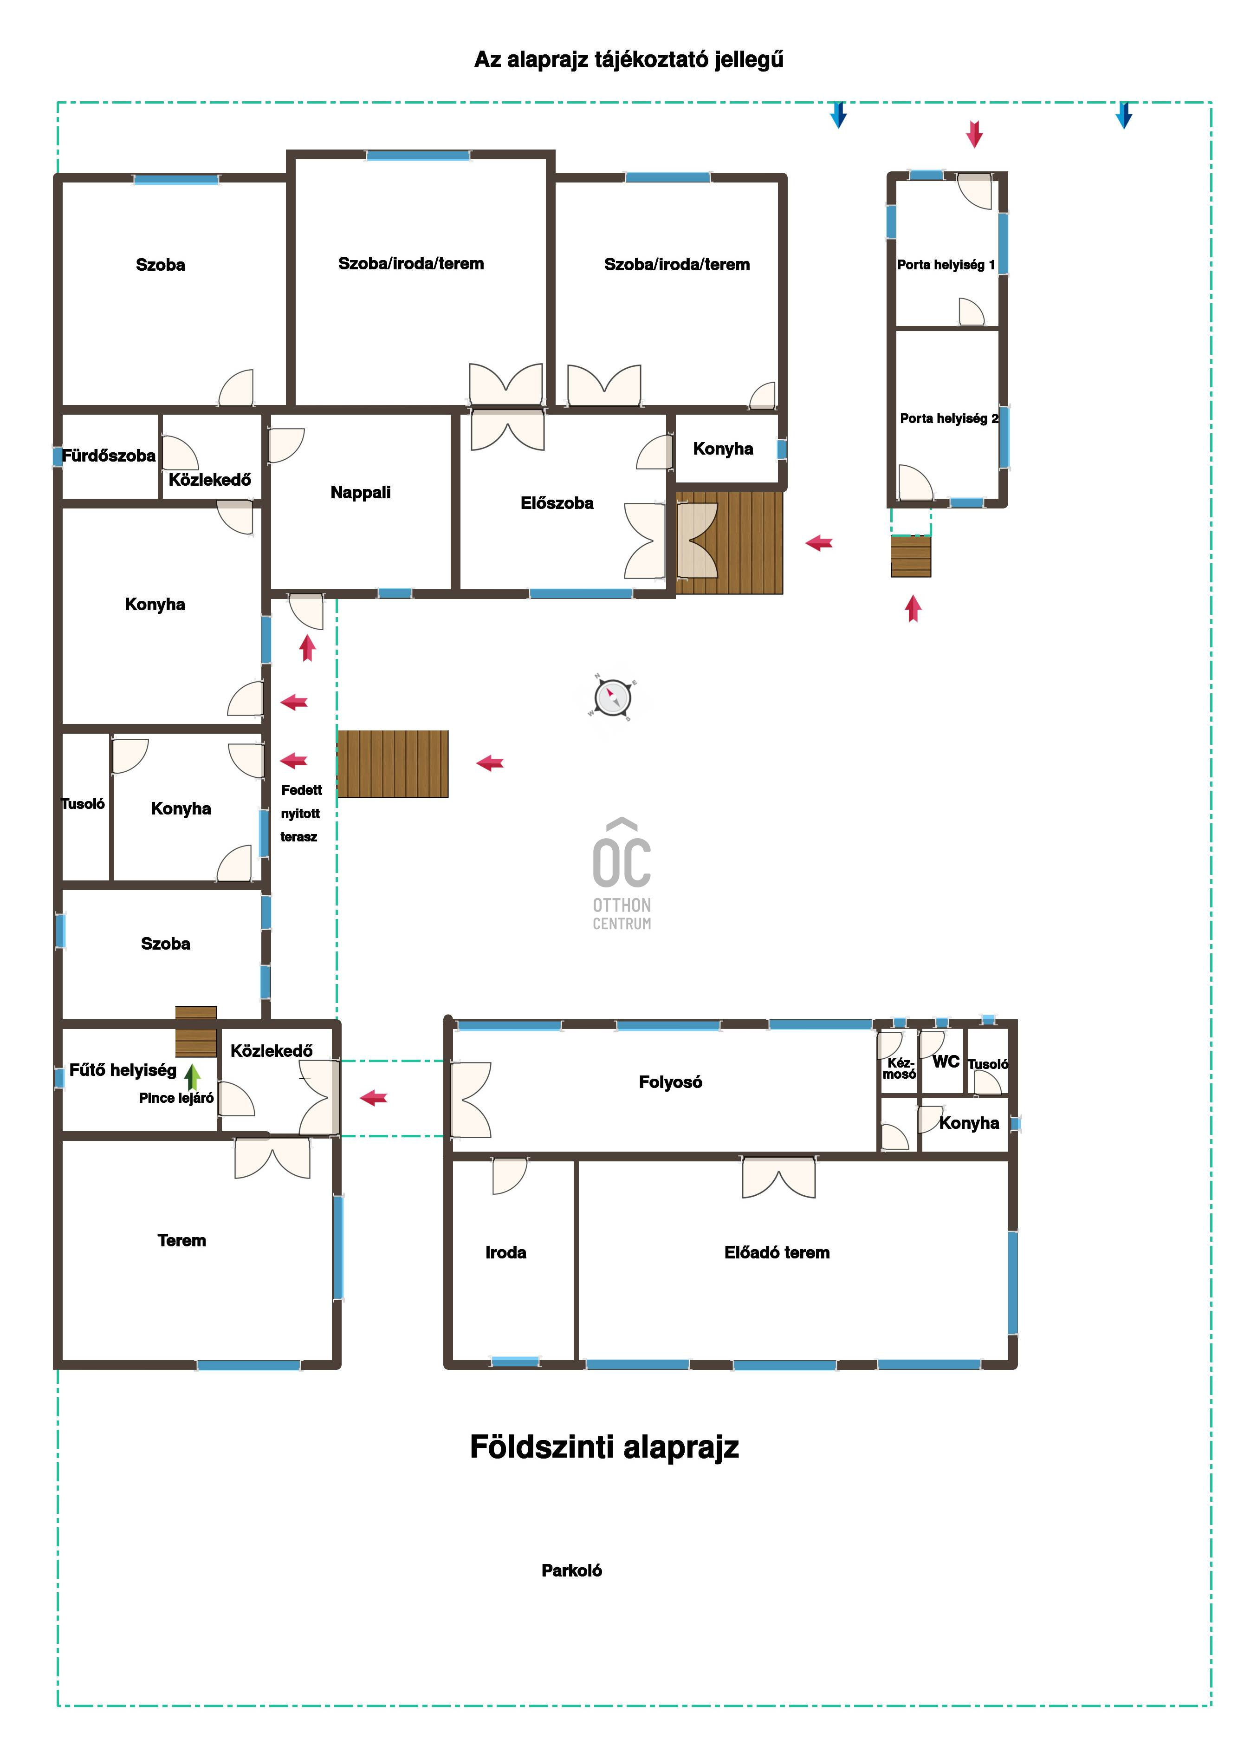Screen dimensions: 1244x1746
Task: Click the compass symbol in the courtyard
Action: (x=612, y=697)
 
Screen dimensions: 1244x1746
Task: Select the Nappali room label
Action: (x=360, y=493)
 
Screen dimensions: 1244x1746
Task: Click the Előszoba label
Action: (x=557, y=503)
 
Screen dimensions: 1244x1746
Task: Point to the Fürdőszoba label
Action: (x=109, y=456)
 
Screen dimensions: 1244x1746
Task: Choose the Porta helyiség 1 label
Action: (x=946, y=265)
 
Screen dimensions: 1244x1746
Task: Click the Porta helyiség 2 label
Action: (x=949, y=418)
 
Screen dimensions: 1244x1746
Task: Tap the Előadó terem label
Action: (x=777, y=1252)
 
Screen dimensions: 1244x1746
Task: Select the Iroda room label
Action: (x=505, y=1252)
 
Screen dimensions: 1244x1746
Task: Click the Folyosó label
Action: (x=670, y=1082)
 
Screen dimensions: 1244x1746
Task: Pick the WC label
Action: (x=946, y=1062)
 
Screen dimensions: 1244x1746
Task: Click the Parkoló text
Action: (x=571, y=1570)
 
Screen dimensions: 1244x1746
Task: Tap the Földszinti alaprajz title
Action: (x=604, y=1447)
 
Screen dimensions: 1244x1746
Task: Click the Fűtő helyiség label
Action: (x=123, y=1070)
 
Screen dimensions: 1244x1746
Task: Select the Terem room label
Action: (x=181, y=1240)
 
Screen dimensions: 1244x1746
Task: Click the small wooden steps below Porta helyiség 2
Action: (x=911, y=556)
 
